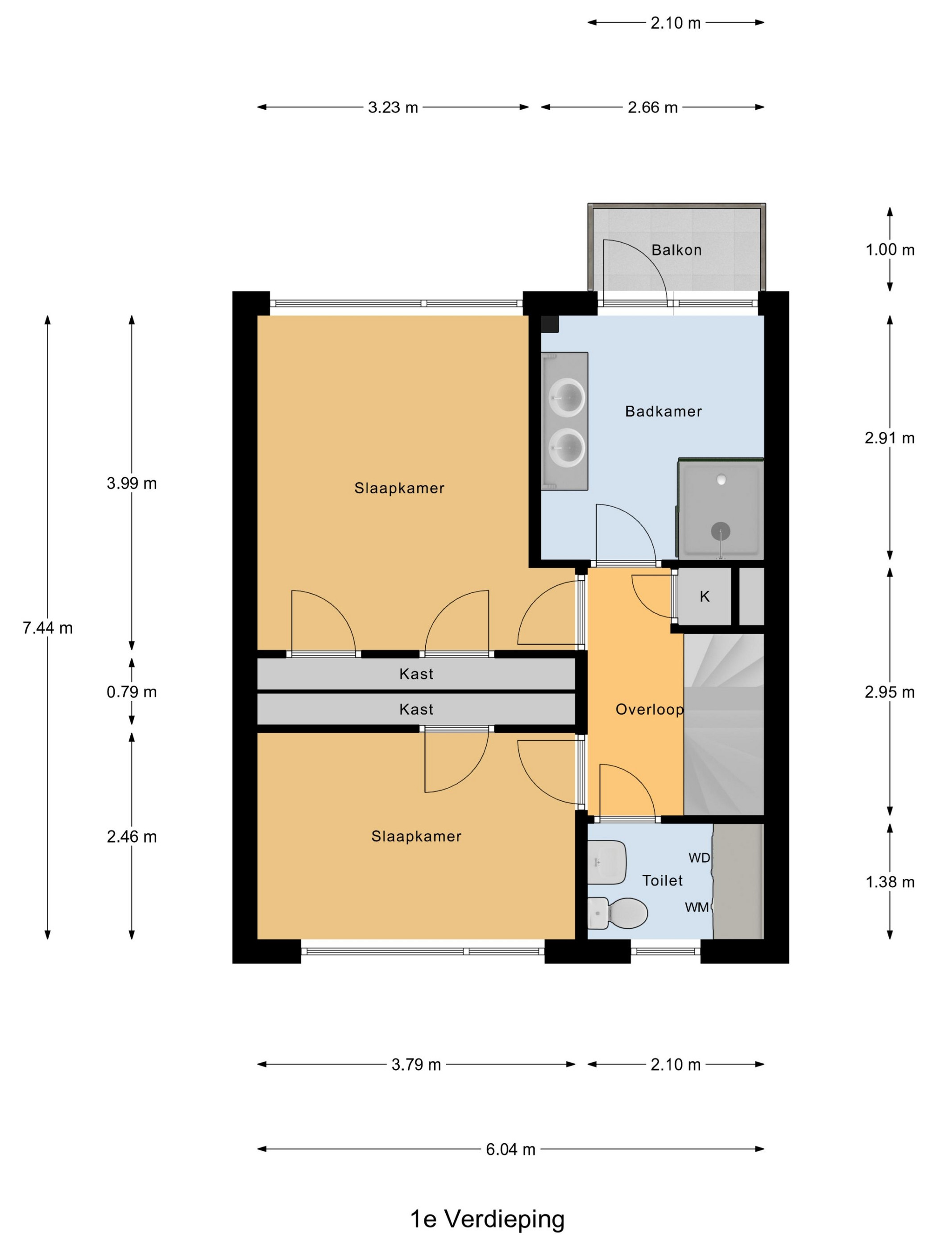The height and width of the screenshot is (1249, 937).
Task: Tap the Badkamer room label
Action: [663, 411]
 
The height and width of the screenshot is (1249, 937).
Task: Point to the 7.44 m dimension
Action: [47, 628]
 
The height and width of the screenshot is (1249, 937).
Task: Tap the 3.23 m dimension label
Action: [393, 108]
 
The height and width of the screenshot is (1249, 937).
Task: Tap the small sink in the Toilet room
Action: [606, 862]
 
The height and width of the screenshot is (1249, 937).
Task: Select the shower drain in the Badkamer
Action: [720, 531]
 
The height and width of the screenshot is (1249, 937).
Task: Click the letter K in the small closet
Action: [704, 596]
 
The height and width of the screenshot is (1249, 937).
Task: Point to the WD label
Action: [699, 858]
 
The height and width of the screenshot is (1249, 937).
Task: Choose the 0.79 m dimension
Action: [132, 692]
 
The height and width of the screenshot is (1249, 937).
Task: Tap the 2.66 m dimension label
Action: [652, 108]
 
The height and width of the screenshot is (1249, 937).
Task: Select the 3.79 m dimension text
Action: [416, 1064]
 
